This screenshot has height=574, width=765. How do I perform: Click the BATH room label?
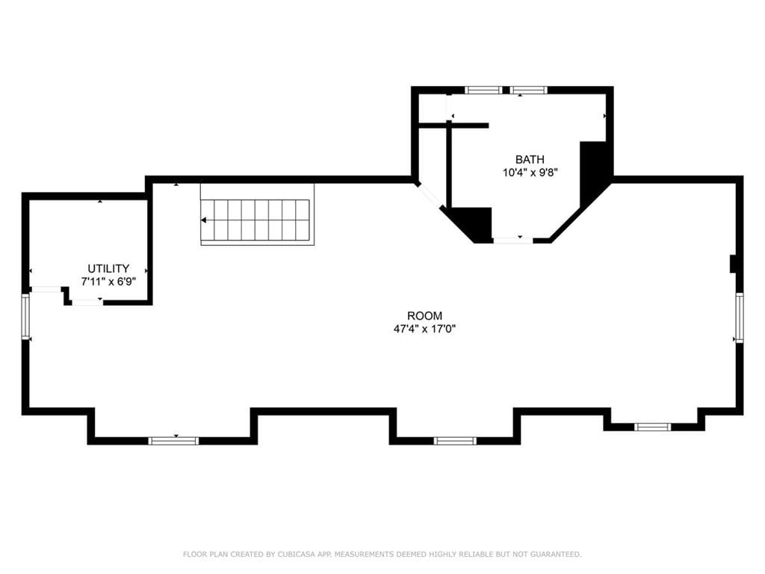pos(530,160)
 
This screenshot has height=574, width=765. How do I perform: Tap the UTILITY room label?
pos(108,268)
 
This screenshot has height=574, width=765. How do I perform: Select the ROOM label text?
pos(425,316)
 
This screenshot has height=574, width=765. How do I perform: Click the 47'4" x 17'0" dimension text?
pos(424,329)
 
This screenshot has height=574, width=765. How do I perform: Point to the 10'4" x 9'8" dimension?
pos(530,173)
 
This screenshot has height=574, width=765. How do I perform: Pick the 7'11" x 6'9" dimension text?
pos(108,282)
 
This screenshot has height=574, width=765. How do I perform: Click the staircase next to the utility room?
pos(257,215)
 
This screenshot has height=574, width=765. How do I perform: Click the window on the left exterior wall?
pos(25,316)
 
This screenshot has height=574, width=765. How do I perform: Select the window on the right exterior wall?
pos(740,317)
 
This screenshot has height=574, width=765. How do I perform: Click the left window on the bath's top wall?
pos(483,90)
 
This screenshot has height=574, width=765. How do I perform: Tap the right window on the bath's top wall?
pos(529,90)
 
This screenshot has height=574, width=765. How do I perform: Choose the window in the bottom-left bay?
pos(173,441)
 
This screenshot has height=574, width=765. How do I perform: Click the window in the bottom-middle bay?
pos(455,441)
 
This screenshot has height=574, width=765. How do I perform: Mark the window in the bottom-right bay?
pos(653,427)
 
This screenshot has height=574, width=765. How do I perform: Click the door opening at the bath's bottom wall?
pos(513,240)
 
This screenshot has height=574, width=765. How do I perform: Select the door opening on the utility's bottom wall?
pos(88,302)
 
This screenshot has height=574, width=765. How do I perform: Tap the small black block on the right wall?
pos(733,264)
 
